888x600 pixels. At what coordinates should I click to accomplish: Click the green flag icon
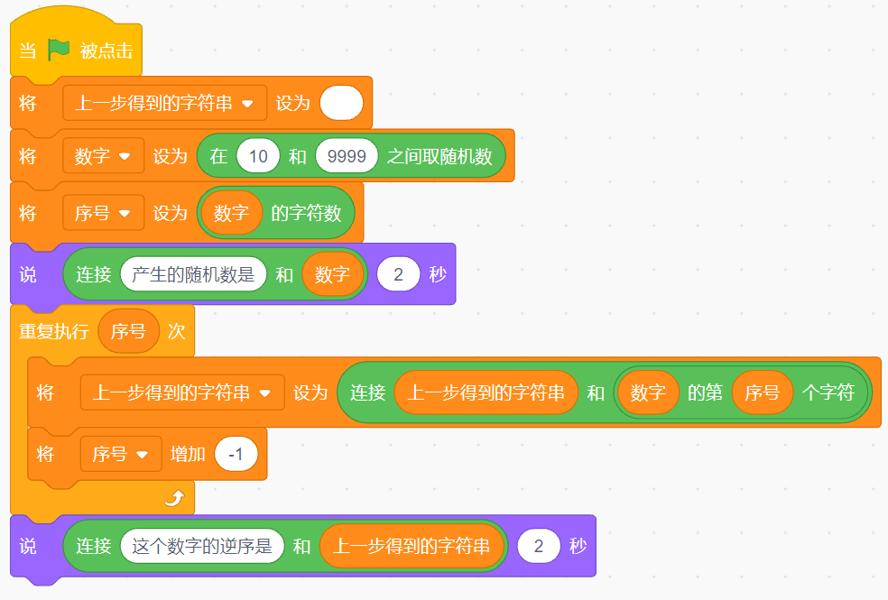pyautogui.click(x=59, y=51)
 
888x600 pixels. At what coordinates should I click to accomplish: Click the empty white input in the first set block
pyautogui.click(x=341, y=104)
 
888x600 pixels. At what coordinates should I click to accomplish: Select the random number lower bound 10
pyautogui.click(x=258, y=156)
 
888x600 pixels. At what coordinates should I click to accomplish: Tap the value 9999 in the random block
pyautogui.click(x=347, y=156)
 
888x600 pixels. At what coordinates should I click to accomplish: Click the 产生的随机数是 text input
pyautogui.click(x=193, y=274)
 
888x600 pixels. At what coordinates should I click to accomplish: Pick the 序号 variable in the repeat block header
pyautogui.click(x=128, y=331)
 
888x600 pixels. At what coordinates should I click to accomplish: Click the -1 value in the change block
pyautogui.click(x=236, y=454)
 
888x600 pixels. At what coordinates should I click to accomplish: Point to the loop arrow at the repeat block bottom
pyautogui.click(x=173, y=497)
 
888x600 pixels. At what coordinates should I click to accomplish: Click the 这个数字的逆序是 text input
pyautogui.click(x=202, y=546)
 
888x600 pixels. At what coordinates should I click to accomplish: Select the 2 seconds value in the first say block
pyautogui.click(x=398, y=274)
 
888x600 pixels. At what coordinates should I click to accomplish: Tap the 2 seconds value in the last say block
pyautogui.click(x=539, y=546)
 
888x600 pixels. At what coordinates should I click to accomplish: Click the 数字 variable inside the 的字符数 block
pyautogui.click(x=231, y=213)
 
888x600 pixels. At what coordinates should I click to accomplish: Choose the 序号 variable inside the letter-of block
pyautogui.click(x=762, y=392)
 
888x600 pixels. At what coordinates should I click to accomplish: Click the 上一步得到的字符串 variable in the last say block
pyautogui.click(x=412, y=546)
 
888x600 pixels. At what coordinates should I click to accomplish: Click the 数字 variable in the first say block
pyautogui.click(x=332, y=274)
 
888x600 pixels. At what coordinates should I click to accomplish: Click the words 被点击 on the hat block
pyautogui.click(x=106, y=51)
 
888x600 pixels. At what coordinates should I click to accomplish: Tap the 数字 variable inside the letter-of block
pyautogui.click(x=648, y=392)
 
